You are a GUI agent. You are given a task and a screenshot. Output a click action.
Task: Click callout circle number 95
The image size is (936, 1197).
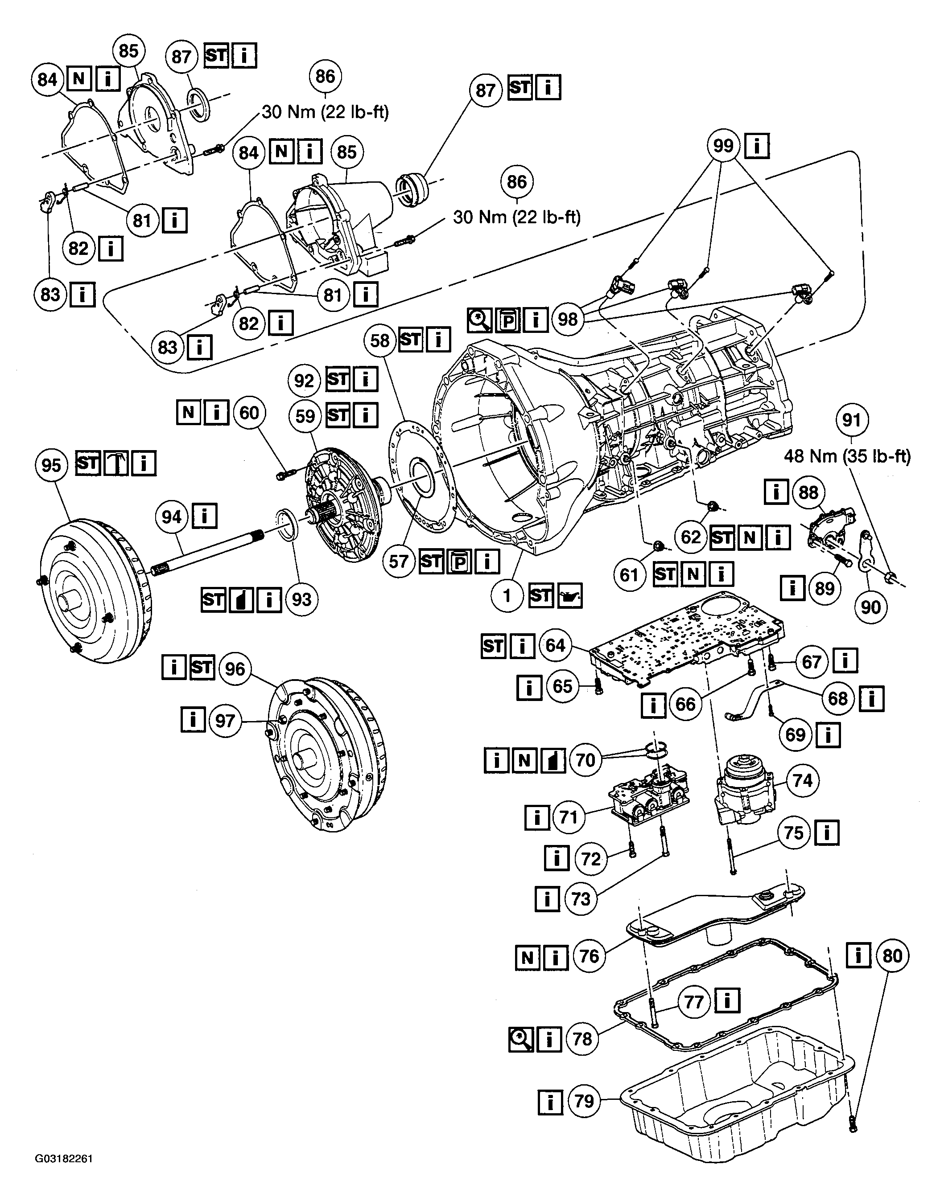(x=51, y=465)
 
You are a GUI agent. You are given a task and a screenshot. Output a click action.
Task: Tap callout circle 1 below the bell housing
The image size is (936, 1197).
(x=507, y=596)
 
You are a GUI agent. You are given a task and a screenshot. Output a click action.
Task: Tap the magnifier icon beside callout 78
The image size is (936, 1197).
(x=521, y=1039)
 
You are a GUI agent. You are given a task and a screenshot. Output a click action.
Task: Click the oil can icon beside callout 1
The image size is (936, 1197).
(x=570, y=596)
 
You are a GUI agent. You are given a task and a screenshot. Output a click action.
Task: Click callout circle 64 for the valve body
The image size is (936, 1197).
(x=555, y=645)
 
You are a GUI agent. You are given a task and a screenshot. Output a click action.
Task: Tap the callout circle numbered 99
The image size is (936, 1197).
(x=723, y=146)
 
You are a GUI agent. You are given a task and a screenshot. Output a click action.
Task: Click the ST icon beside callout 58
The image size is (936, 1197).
(x=411, y=340)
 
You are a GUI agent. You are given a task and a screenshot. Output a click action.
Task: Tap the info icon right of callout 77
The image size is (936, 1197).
(x=728, y=1002)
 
